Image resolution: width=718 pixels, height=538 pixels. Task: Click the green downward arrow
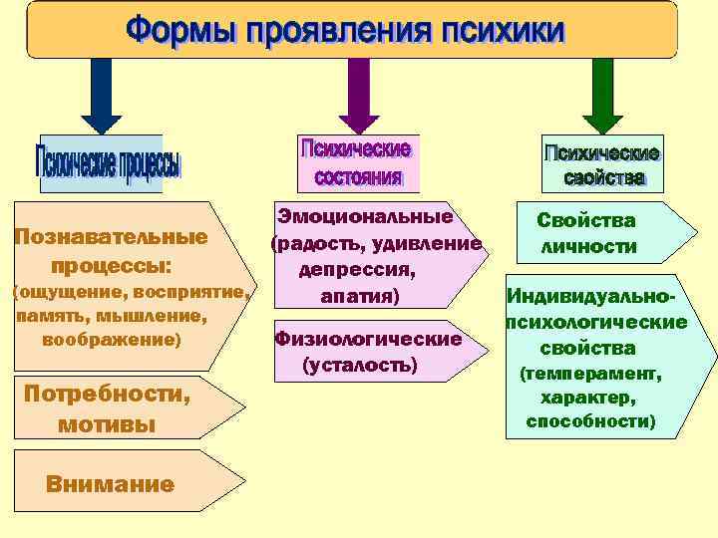601,96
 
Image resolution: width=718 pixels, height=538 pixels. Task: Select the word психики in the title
504,31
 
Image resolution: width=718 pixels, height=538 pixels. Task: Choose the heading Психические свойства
601,165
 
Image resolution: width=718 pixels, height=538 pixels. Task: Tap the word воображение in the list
111,340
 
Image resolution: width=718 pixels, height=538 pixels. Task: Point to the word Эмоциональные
365,216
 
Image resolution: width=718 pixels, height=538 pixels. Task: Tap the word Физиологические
368,340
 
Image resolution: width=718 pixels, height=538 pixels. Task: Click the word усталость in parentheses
360,366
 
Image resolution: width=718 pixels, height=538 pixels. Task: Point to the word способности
589,421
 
